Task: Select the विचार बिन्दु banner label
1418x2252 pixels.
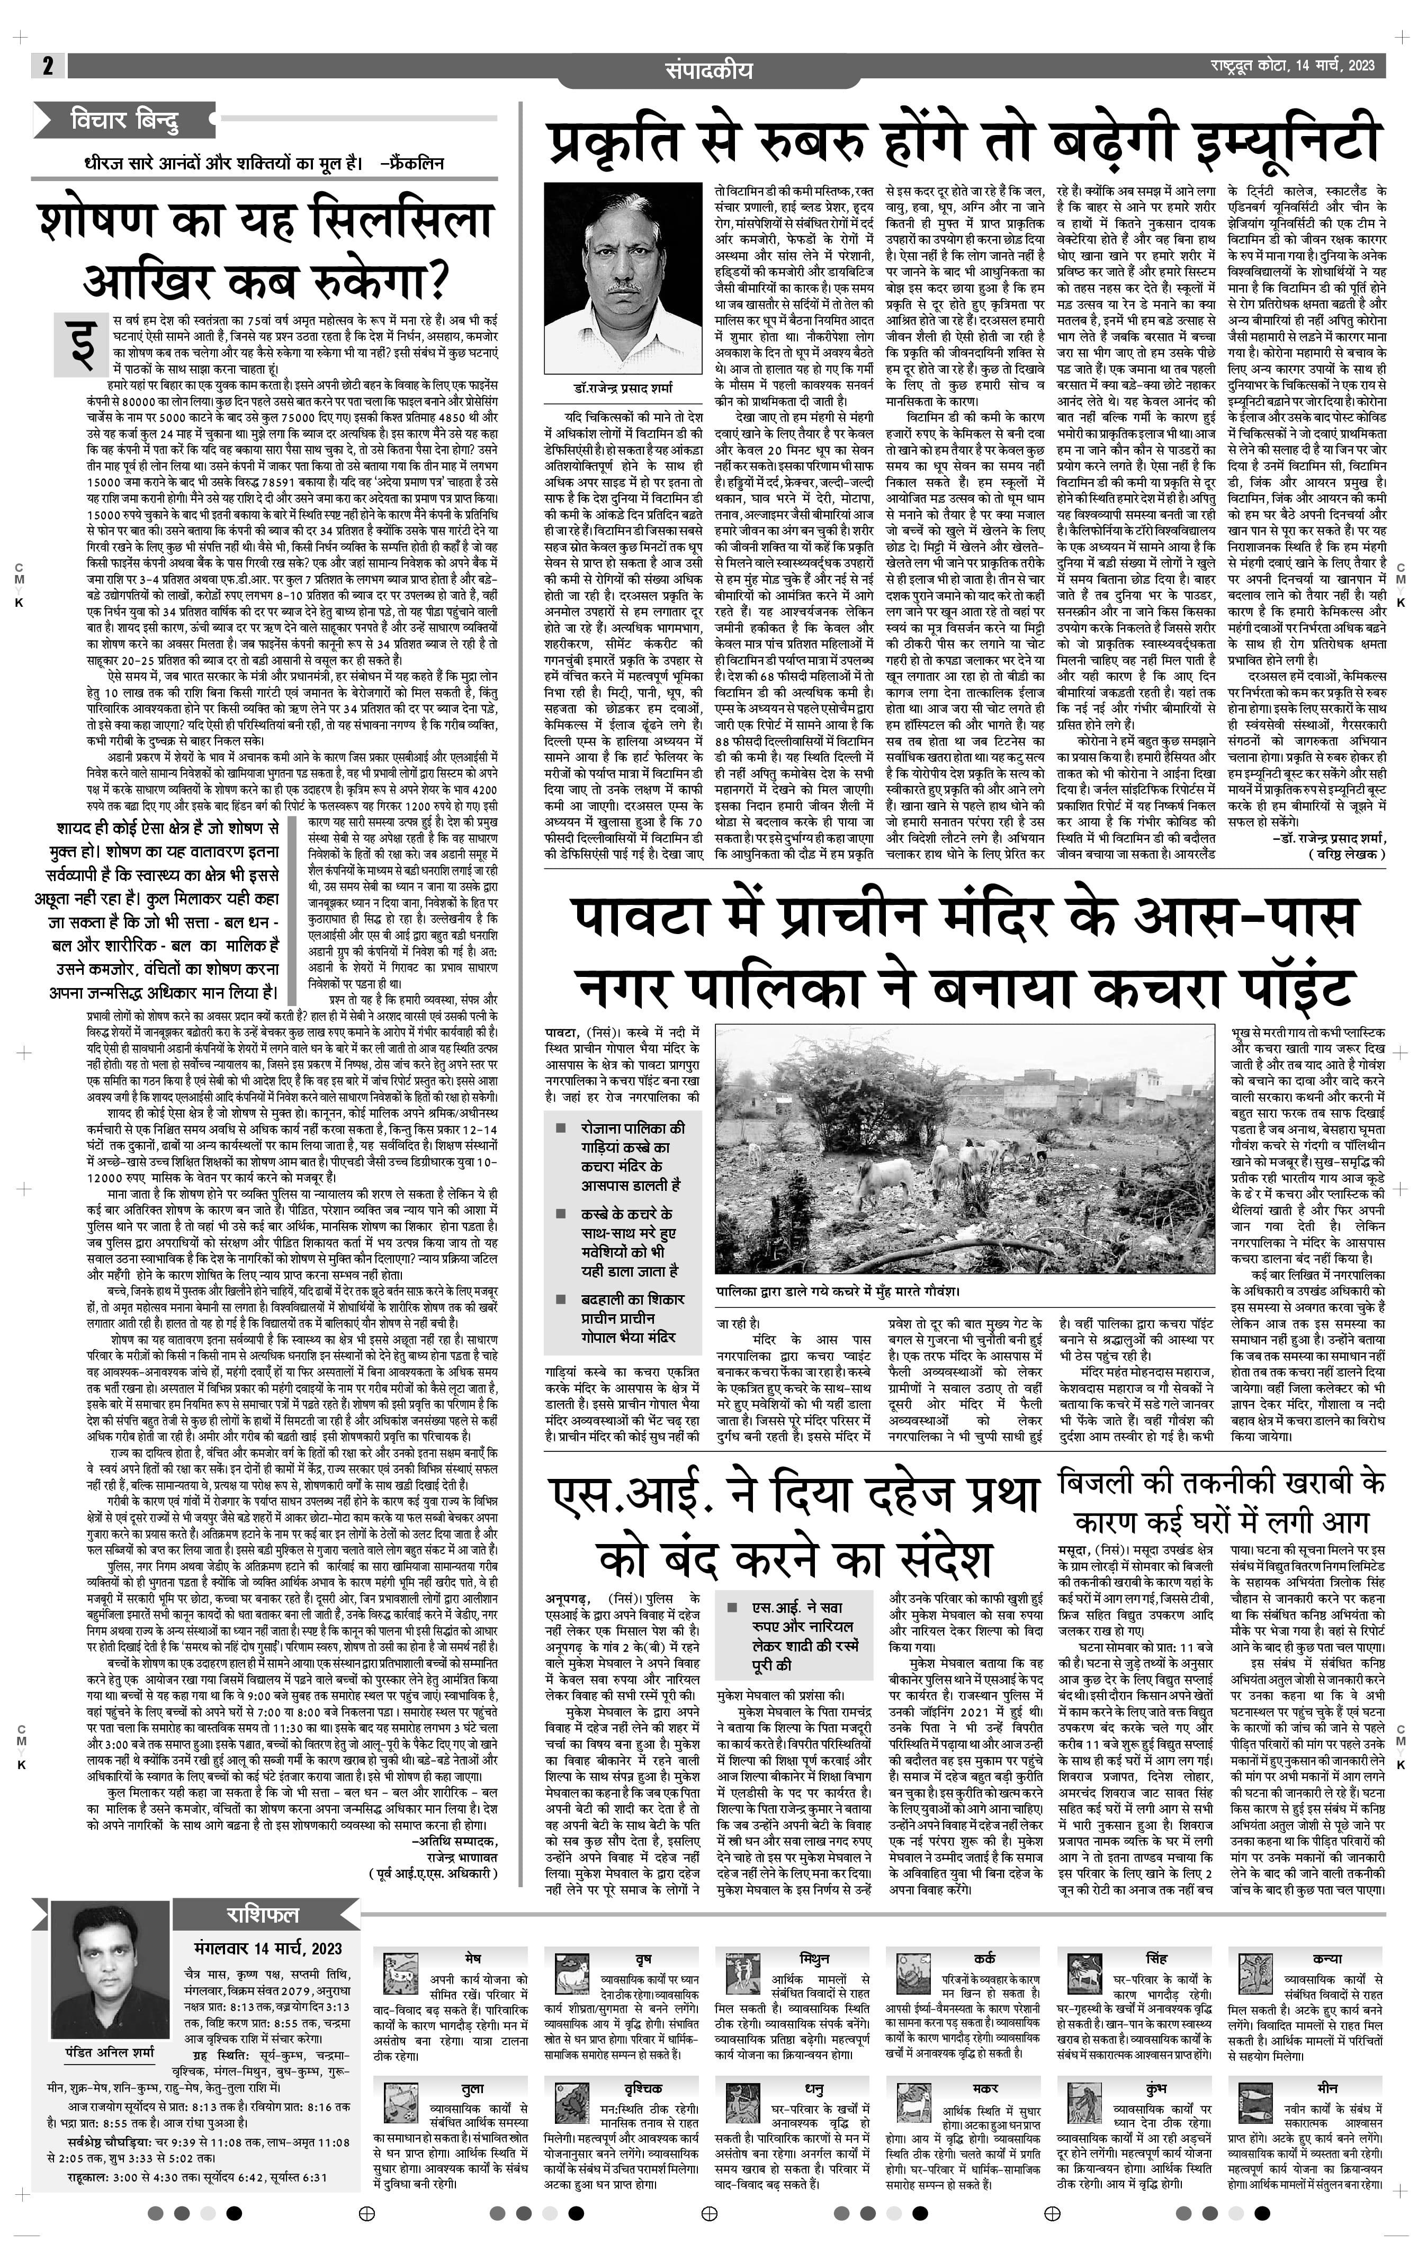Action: click(x=122, y=120)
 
